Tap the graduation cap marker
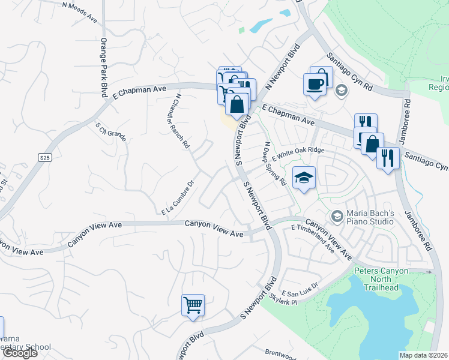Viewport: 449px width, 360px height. coord(304,178)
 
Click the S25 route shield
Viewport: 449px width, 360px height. coord(44,158)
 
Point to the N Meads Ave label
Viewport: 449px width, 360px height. coord(79,12)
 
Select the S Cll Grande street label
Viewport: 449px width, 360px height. coord(111,131)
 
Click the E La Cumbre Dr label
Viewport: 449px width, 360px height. coord(179,198)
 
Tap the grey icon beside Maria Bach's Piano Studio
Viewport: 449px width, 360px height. coord(337,215)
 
